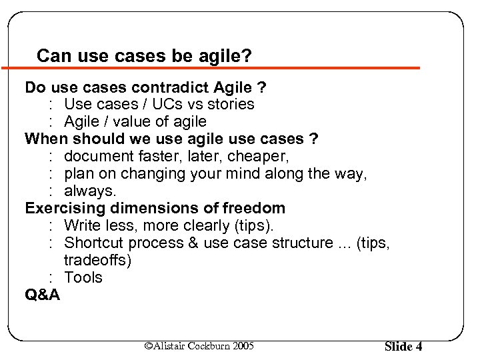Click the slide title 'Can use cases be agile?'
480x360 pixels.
tap(144, 55)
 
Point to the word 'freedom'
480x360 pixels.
tap(255, 209)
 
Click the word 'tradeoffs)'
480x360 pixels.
tap(97, 261)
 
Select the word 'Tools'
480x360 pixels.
tap(83, 278)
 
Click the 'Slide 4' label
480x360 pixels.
tap(403, 346)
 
